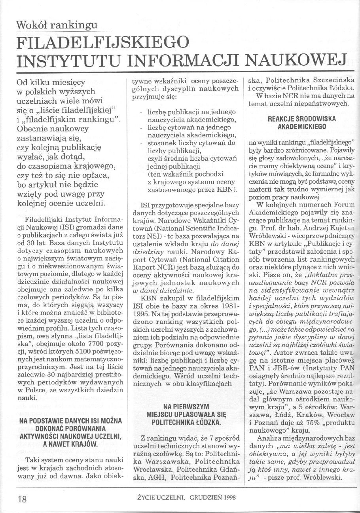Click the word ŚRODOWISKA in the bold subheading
[315, 119]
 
